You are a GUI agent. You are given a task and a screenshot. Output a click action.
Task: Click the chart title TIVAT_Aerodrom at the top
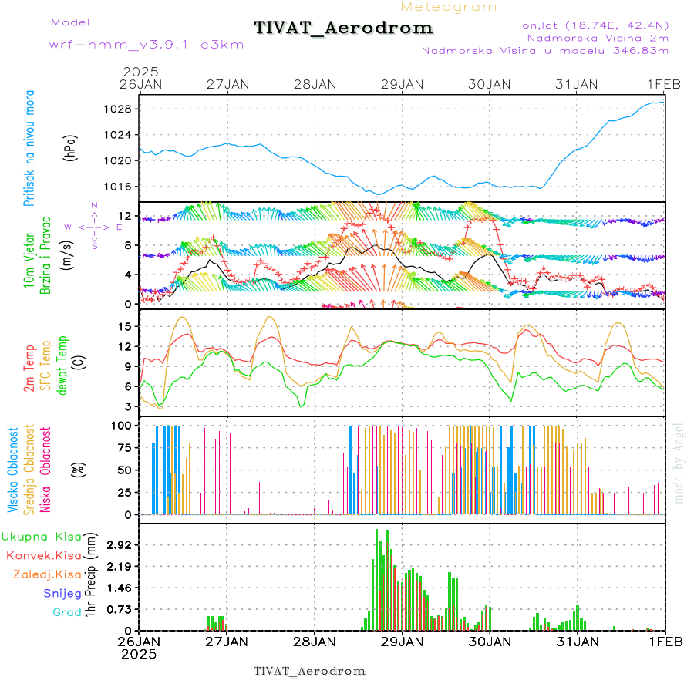(x=344, y=28)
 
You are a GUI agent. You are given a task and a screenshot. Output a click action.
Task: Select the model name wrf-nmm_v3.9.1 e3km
(x=125, y=45)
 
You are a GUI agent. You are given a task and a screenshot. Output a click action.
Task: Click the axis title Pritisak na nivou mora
(x=30, y=148)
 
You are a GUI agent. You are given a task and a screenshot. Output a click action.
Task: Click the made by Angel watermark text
(x=679, y=463)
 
